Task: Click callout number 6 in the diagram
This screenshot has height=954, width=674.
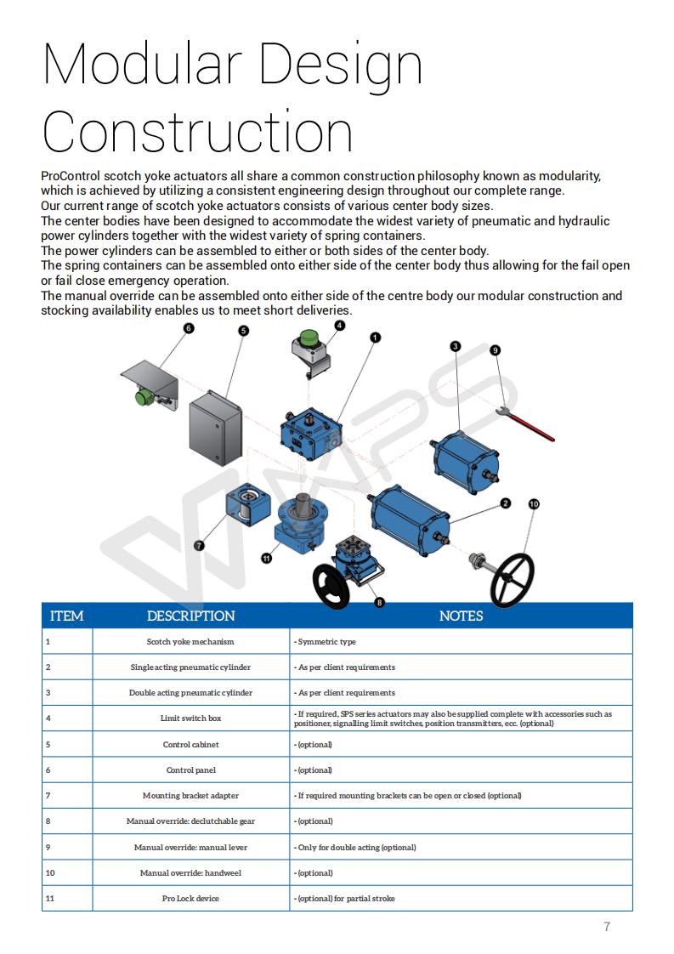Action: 188,327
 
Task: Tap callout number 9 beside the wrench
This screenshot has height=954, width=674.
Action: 495,349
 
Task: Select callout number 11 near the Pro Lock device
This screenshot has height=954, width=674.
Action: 266,559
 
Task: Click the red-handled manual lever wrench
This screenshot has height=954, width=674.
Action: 530,423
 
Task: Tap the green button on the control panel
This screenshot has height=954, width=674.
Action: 144,397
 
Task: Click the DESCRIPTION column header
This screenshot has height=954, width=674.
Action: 190,616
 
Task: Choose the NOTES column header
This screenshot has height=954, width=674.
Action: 461,616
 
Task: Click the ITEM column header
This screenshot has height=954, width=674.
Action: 67,616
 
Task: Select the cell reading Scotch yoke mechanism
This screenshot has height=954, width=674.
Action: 190,642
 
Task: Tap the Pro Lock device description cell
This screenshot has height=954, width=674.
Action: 190,899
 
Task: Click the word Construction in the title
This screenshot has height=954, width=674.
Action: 197,133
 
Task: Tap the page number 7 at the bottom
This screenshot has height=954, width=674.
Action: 606,927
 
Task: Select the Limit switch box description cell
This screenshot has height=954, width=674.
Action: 190,718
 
